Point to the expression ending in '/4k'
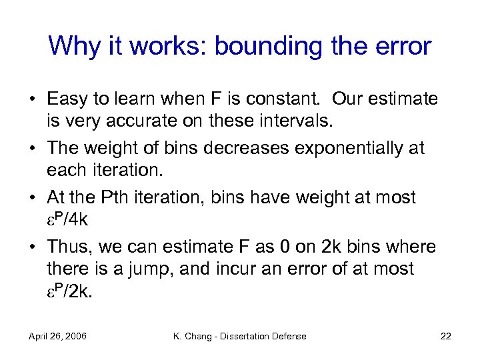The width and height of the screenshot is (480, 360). tap(69, 219)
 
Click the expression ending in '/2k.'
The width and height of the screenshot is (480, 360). tap(71, 291)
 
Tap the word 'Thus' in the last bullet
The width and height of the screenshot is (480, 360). tap(70, 247)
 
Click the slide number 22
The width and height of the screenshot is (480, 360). tap(445, 336)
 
